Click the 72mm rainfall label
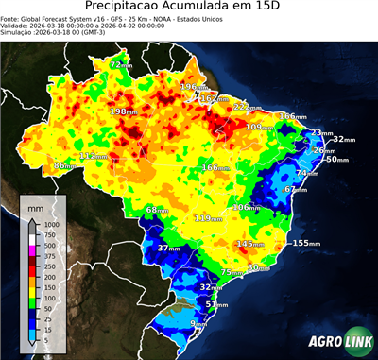click(x=120, y=65)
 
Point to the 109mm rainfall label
click(x=259, y=127)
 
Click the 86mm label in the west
click(x=64, y=165)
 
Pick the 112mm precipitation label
click(x=93, y=156)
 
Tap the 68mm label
click(x=157, y=210)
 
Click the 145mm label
click(x=250, y=244)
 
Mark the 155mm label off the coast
click(x=304, y=243)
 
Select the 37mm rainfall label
click(x=168, y=249)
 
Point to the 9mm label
click(x=199, y=324)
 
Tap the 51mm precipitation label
click(x=217, y=304)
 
